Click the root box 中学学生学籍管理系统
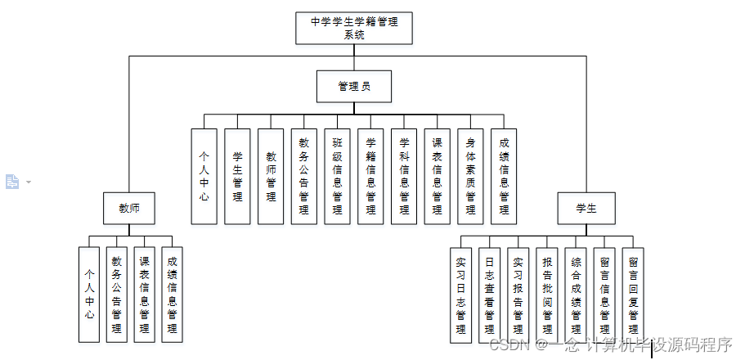pyautogui.click(x=353, y=28)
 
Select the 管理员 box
pyautogui.click(x=353, y=86)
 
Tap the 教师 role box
pyautogui.click(x=128, y=209)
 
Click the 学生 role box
pyautogui.click(x=586, y=209)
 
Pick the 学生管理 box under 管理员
pyautogui.click(x=237, y=176)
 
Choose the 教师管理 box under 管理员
pyautogui.click(x=271, y=176)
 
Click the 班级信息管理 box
pyautogui.click(x=337, y=176)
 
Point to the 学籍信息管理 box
pyautogui.click(x=370, y=176)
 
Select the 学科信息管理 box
pyautogui.click(x=404, y=176)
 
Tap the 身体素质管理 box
pyautogui.click(x=470, y=176)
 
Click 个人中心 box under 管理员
pyautogui.click(x=204, y=176)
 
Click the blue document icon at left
pyautogui.click(x=12, y=182)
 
